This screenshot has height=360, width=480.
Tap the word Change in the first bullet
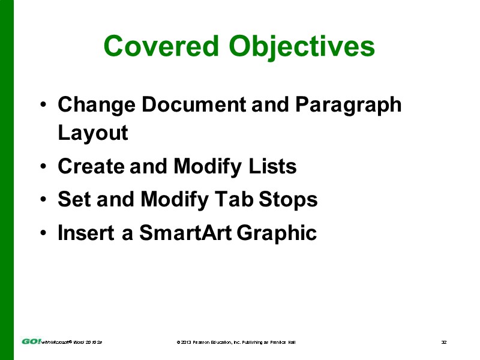pyautogui.click(x=96, y=105)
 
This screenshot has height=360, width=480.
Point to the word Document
pyautogui.click(x=193, y=105)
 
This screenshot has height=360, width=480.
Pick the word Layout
pyautogui.click(x=93, y=133)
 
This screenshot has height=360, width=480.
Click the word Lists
pyautogui.click(x=273, y=166)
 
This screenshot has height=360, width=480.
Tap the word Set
pyautogui.click(x=74, y=199)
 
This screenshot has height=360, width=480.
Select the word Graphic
pyautogui.click(x=277, y=233)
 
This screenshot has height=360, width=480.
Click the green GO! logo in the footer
pyautogui.click(x=31, y=341)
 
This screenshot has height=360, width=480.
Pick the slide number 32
pyautogui.click(x=444, y=342)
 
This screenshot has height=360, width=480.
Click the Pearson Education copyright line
pyautogui.click(x=236, y=342)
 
